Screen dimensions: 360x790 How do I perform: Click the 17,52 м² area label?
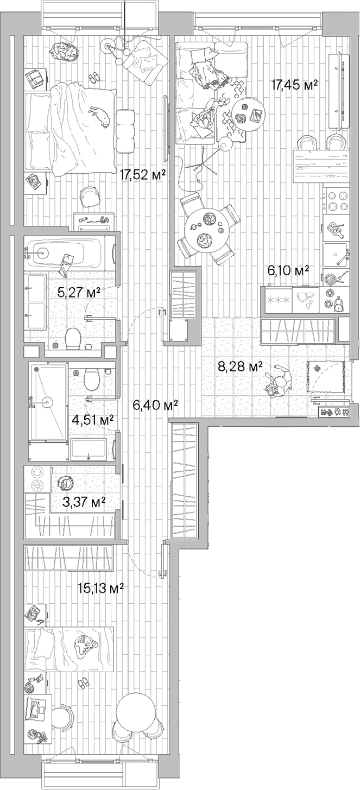142,175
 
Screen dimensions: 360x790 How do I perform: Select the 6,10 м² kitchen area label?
288,271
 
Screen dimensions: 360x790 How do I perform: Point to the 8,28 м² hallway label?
241,367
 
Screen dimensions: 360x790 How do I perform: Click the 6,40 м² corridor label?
155,405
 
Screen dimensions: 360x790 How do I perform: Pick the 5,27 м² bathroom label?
79,292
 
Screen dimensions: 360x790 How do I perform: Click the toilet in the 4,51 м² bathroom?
92,379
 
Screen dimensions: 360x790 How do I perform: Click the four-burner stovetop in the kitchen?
336,201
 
